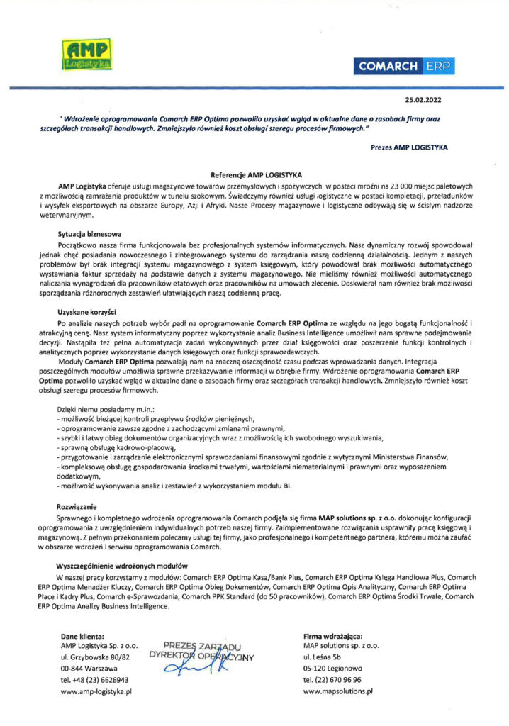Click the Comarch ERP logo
pos(405,67)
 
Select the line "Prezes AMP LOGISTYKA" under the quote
pos(410,146)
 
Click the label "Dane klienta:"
pos(84,636)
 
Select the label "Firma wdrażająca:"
pos(332,636)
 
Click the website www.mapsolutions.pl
pos(338,691)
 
